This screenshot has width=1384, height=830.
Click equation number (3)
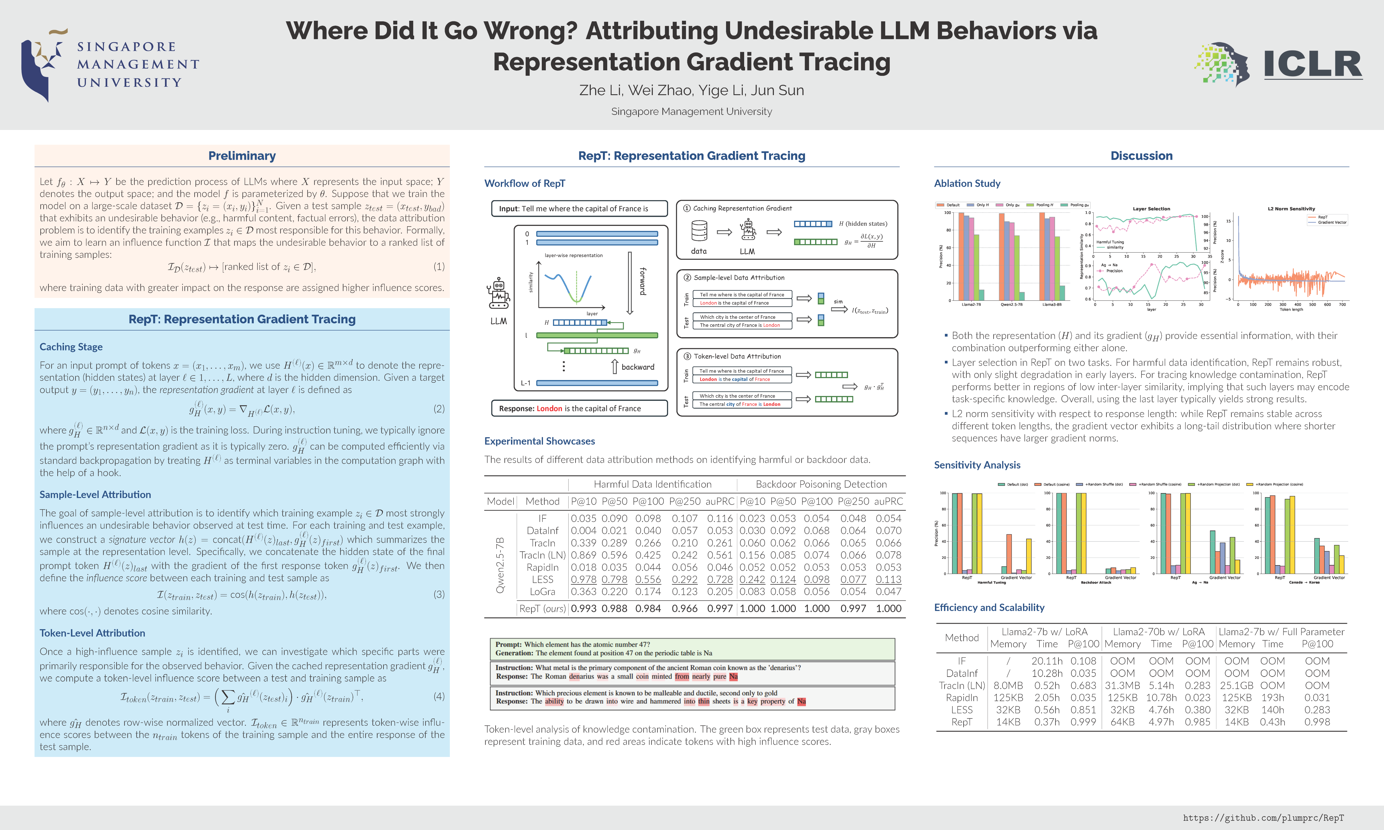click(x=439, y=594)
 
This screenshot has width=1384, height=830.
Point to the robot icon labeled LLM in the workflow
click(x=499, y=294)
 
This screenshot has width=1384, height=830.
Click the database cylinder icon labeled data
click(x=699, y=231)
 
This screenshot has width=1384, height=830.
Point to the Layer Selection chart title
click(x=1151, y=209)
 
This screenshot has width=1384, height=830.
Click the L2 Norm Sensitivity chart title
click(x=1291, y=209)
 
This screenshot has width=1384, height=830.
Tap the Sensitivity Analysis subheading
click(x=977, y=465)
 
